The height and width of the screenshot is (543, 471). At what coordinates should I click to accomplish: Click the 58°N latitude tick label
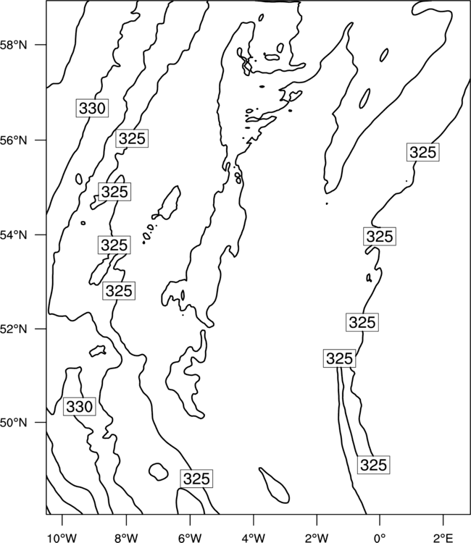[x=13, y=45]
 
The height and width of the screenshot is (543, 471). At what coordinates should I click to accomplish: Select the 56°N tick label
[x=13, y=140]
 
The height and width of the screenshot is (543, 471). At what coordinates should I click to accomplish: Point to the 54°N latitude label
[x=13, y=235]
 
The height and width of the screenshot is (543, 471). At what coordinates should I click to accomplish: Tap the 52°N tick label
[x=13, y=329]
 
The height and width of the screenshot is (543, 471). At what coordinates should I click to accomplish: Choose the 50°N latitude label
[x=13, y=423]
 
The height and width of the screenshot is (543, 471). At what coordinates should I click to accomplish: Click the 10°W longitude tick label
[x=62, y=538]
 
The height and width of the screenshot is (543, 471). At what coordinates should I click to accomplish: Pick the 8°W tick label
[x=126, y=538]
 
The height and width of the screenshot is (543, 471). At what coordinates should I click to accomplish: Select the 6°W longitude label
[x=190, y=538]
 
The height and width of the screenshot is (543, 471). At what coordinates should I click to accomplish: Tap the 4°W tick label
[x=254, y=538]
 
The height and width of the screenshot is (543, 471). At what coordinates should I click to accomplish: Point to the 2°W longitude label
[x=317, y=538]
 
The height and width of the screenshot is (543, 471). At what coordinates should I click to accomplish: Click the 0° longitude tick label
[x=380, y=538]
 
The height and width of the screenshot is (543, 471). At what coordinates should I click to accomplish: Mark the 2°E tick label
[x=443, y=538]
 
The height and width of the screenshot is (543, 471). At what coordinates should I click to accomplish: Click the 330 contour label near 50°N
[x=80, y=407]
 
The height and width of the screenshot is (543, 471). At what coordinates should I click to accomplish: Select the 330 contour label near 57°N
[x=92, y=108]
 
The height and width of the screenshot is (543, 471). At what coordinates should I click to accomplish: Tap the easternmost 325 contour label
[x=423, y=152]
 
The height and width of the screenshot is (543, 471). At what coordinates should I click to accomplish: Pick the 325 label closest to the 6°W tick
[x=196, y=479]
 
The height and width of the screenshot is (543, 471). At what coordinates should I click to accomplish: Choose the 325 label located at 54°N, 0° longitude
[x=380, y=237]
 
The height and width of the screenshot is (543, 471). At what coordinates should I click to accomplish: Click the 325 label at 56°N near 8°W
[x=132, y=138]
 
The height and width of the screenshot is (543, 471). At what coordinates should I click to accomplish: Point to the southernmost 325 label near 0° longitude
[x=373, y=465]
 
